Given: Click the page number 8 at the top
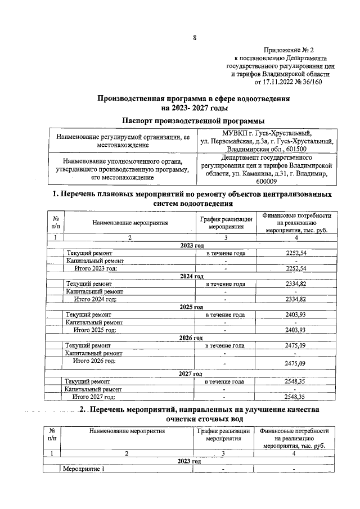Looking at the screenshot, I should point(195,38).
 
